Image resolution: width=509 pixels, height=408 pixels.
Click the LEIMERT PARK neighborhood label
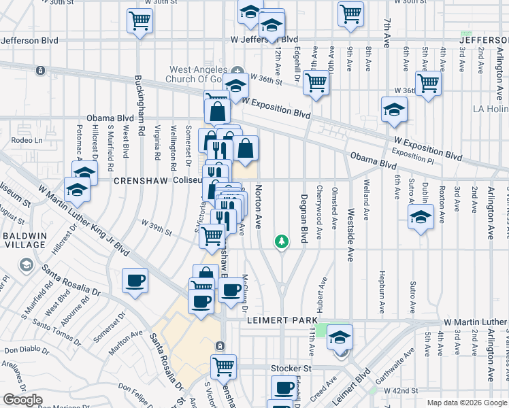click(x=283, y=320)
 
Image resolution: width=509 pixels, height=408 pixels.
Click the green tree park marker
click(x=280, y=241)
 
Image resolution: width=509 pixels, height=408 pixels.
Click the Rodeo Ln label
click(x=28, y=140)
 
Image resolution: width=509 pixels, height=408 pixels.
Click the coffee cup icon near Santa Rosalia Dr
click(x=134, y=280)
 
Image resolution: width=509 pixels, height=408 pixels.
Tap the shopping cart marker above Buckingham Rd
click(x=139, y=20)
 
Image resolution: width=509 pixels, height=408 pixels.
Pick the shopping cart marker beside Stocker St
click(x=223, y=366)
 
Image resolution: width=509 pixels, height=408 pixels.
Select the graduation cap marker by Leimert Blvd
click(x=340, y=336)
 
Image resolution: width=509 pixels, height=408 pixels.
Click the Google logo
click(x=23, y=400)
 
